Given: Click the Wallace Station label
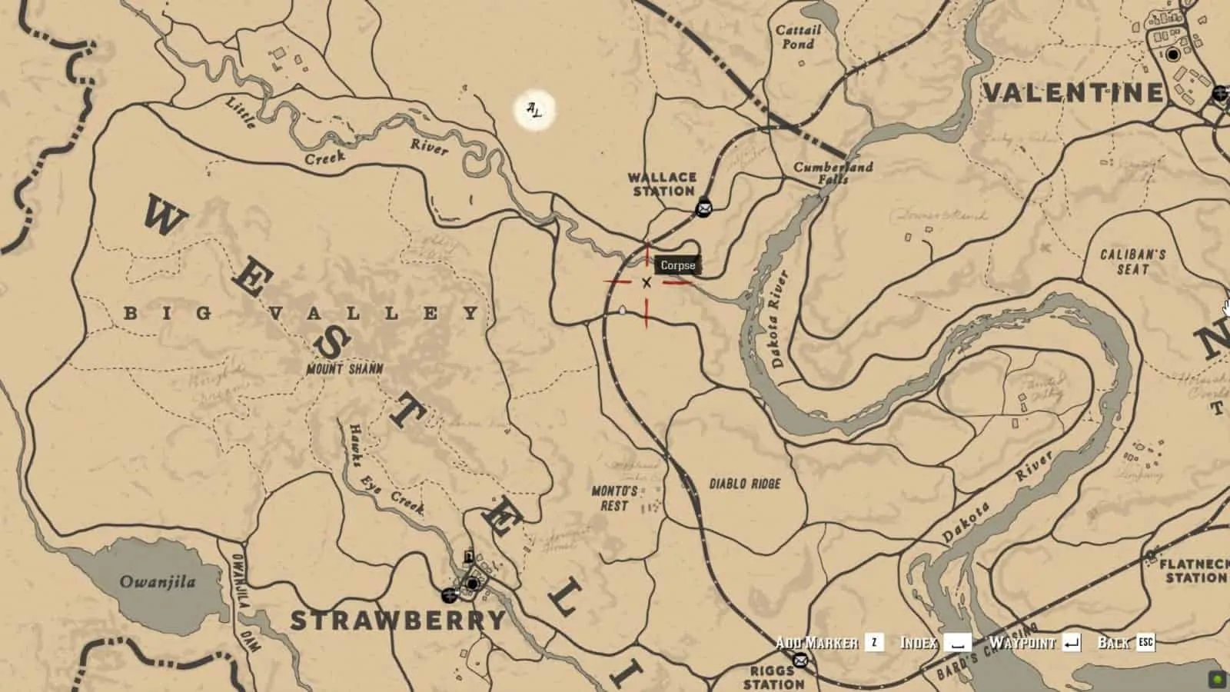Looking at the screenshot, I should coord(663,184).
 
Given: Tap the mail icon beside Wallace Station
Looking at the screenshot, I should coord(703,208).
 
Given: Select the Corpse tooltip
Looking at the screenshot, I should coord(677,265).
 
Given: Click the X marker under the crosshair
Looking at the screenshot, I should coord(647,283).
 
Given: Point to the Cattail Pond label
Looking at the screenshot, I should coord(798,37).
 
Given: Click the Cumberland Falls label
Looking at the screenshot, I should coord(833,172).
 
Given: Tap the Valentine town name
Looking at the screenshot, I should coord(1073,93).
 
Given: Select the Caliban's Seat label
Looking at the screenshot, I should coord(1132,261).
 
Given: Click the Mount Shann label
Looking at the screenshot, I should coord(344,369).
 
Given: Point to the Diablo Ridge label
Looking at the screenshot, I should coord(744,484).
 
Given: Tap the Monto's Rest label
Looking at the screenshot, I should coord(614,498).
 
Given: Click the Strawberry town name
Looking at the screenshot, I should coord(398,620).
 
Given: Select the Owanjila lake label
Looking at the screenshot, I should coord(158,581).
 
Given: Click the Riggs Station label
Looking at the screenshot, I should coord(773,677).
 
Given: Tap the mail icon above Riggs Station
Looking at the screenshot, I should coord(800,660).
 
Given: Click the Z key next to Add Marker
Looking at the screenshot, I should coord(873,643).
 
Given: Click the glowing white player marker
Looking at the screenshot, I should coord(534,111).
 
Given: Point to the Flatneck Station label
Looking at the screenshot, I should coord(1193,571).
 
